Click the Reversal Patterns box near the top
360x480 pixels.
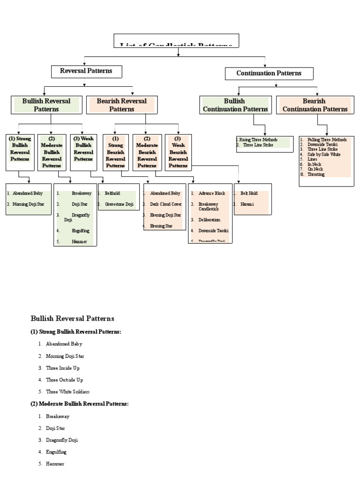coord(86,71)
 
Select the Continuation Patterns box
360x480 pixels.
coord(269,73)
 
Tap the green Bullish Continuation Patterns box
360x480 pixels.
coord(235,105)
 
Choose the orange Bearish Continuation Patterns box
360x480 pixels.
coord(315,105)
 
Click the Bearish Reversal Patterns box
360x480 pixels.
coord(121,105)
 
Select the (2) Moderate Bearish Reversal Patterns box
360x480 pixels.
coord(147,152)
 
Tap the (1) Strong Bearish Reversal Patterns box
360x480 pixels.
coord(115,152)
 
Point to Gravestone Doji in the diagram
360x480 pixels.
coord(119,204)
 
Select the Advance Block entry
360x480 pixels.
coord(212,193)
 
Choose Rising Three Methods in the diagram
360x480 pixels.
coord(258,140)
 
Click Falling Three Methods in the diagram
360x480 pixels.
coord(327,140)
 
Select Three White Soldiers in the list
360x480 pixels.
coord(67,391)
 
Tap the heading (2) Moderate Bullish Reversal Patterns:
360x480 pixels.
coord(80,404)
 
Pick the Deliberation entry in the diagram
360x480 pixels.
coord(209,219)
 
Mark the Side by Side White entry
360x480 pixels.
coord(324,154)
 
